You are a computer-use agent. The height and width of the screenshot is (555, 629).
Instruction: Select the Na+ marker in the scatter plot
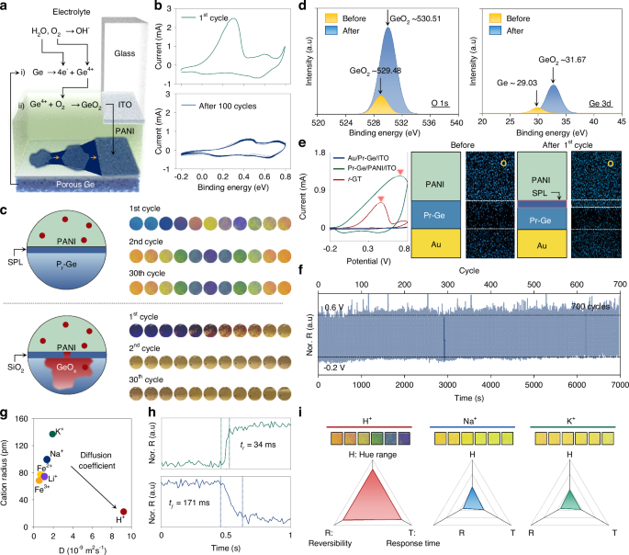point(47,459)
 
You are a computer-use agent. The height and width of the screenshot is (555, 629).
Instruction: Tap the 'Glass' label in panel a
point(136,54)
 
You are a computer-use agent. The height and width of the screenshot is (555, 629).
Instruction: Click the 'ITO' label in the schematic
point(133,106)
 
